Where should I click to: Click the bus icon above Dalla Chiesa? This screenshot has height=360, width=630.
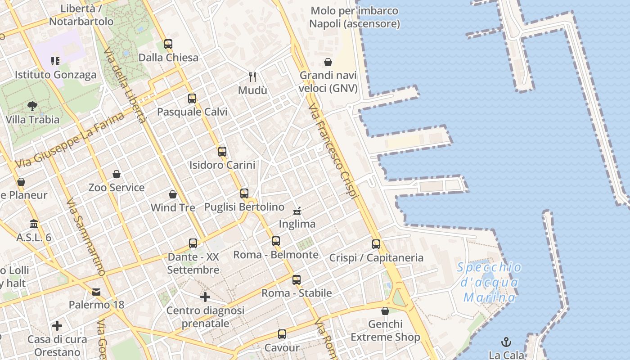[x=168, y=44]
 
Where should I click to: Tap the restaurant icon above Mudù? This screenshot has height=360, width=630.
[x=252, y=77]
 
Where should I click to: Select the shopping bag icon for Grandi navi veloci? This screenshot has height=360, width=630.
[x=328, y=62]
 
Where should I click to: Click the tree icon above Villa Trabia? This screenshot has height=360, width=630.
[x=32, y=106]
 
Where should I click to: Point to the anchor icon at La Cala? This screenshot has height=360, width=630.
[x=507, y=342]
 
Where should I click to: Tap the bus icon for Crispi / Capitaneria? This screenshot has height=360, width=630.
[x=376, y=244]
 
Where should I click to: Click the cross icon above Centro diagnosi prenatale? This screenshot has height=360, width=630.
[x=205, y=297]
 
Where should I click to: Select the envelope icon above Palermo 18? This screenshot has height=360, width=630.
[x=96, y=292]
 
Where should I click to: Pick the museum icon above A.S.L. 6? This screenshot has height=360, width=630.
[x=34, y=224]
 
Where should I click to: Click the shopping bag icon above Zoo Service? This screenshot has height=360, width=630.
[x=117, y=174]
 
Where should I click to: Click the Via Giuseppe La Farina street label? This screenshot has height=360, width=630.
[x=70, y=140]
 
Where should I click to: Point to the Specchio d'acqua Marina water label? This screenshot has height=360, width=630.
[x=490, y=283]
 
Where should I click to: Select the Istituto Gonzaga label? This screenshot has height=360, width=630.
[x=56, y=75]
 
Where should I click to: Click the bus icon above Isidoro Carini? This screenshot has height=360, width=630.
[x=222, y=152]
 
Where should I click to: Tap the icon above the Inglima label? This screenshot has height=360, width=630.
[x=297, y=211]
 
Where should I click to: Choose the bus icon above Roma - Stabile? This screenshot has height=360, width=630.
[x=297, y=280]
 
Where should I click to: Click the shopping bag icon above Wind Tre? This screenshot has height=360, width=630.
[x=173, y=194]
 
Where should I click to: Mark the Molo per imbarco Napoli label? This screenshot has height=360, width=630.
[x=355, y=17]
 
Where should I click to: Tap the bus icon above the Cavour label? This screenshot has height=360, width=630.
[x=282, y=334]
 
